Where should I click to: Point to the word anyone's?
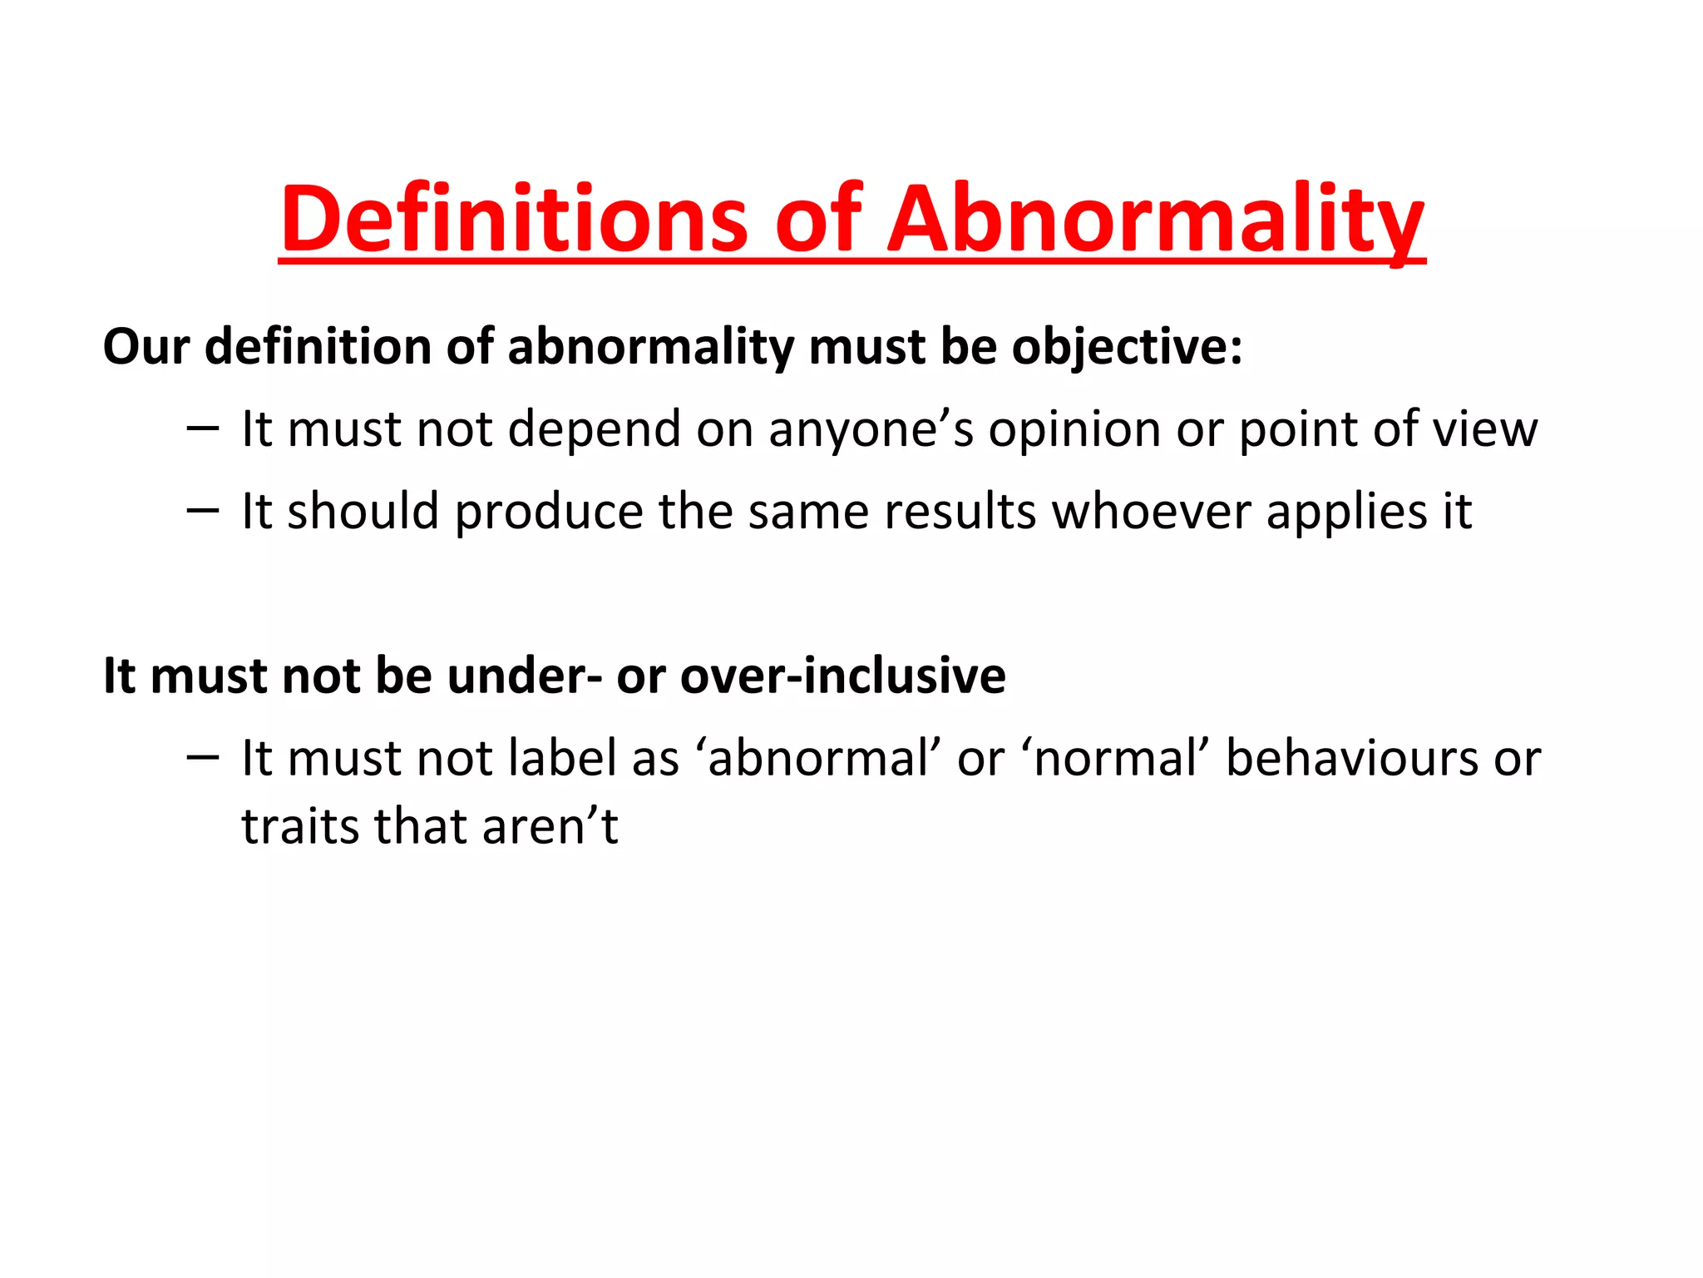tap(871, 429)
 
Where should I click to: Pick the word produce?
tap(549, 511)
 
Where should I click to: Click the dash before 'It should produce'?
tap(203, 509)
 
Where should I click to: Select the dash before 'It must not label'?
tap(203, 756)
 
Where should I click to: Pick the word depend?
tap(594, 429)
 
